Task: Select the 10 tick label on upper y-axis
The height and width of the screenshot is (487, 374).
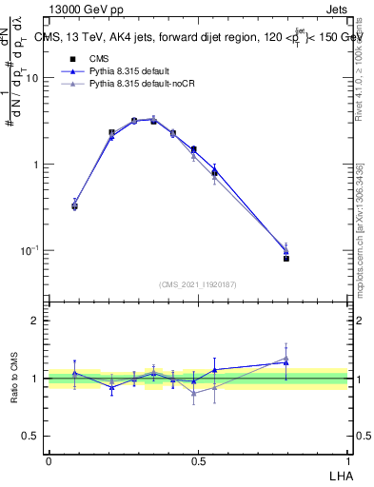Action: [31, 79]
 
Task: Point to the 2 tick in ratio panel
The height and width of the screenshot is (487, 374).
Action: [37, 321]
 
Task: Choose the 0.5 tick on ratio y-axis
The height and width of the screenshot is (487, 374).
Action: [31, 436]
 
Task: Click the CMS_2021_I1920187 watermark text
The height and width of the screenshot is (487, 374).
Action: [198, 282]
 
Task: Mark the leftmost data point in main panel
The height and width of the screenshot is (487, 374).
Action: [75, 205]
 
